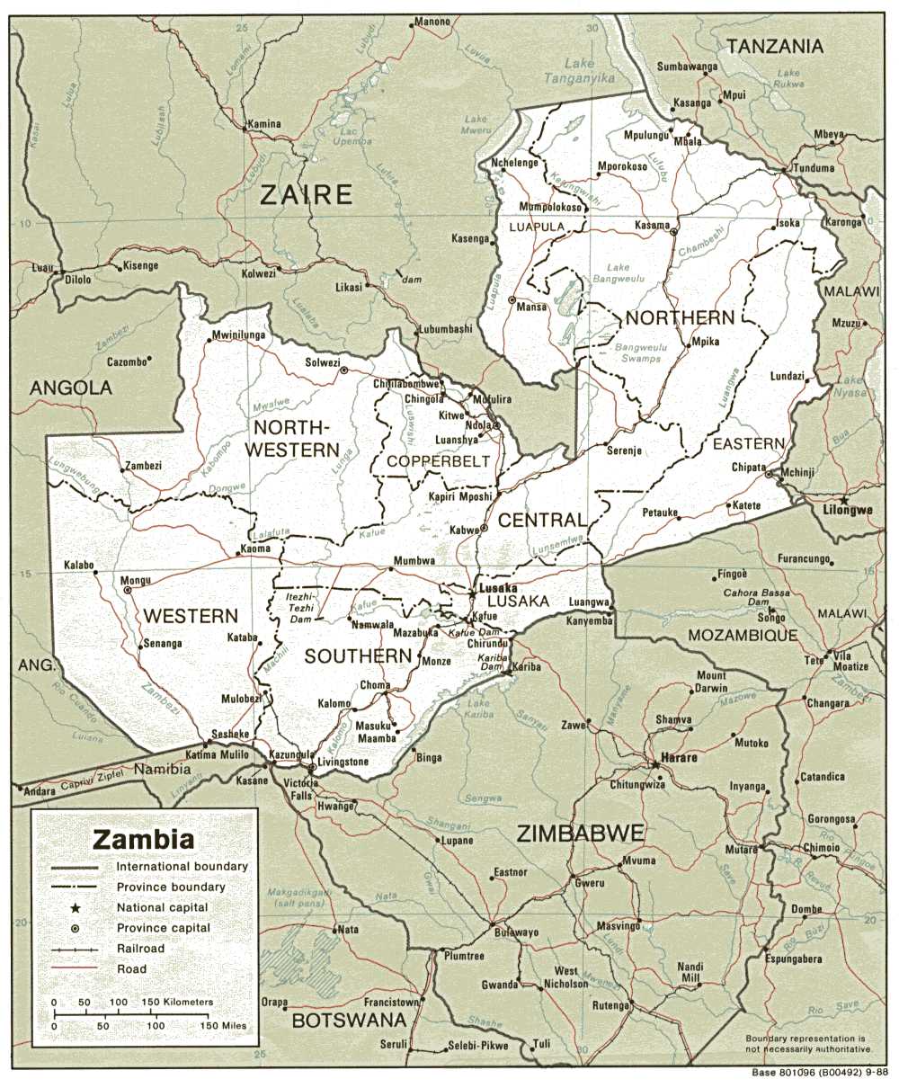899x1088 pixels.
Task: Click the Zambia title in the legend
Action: coord(144,840)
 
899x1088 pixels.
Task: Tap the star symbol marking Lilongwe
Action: coord(844,498)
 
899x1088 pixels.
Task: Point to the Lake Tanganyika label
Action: coord(579,71)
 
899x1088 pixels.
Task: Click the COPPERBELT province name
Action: coord(438,461)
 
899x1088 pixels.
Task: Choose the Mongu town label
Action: coord(111,582)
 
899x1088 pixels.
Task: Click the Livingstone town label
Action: coord(342,762)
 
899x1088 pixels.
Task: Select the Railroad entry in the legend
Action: coord(140,949)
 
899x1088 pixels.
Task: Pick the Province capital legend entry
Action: coord(163,928)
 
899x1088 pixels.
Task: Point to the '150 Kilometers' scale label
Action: coord(176,1002)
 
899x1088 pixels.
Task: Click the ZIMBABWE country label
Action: coord(580,834)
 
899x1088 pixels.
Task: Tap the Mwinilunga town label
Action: coord(238,336)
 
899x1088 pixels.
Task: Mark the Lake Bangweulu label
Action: coord(618,273)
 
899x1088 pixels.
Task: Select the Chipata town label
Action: coord(748,468)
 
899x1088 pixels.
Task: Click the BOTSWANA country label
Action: coord(349,1021)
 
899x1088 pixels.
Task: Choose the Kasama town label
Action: coord(652,225)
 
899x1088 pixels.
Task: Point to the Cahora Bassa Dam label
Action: coord(758,598)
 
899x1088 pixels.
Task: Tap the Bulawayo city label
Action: coord(516,932)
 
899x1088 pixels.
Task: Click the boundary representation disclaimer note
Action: coord(808,1044)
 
